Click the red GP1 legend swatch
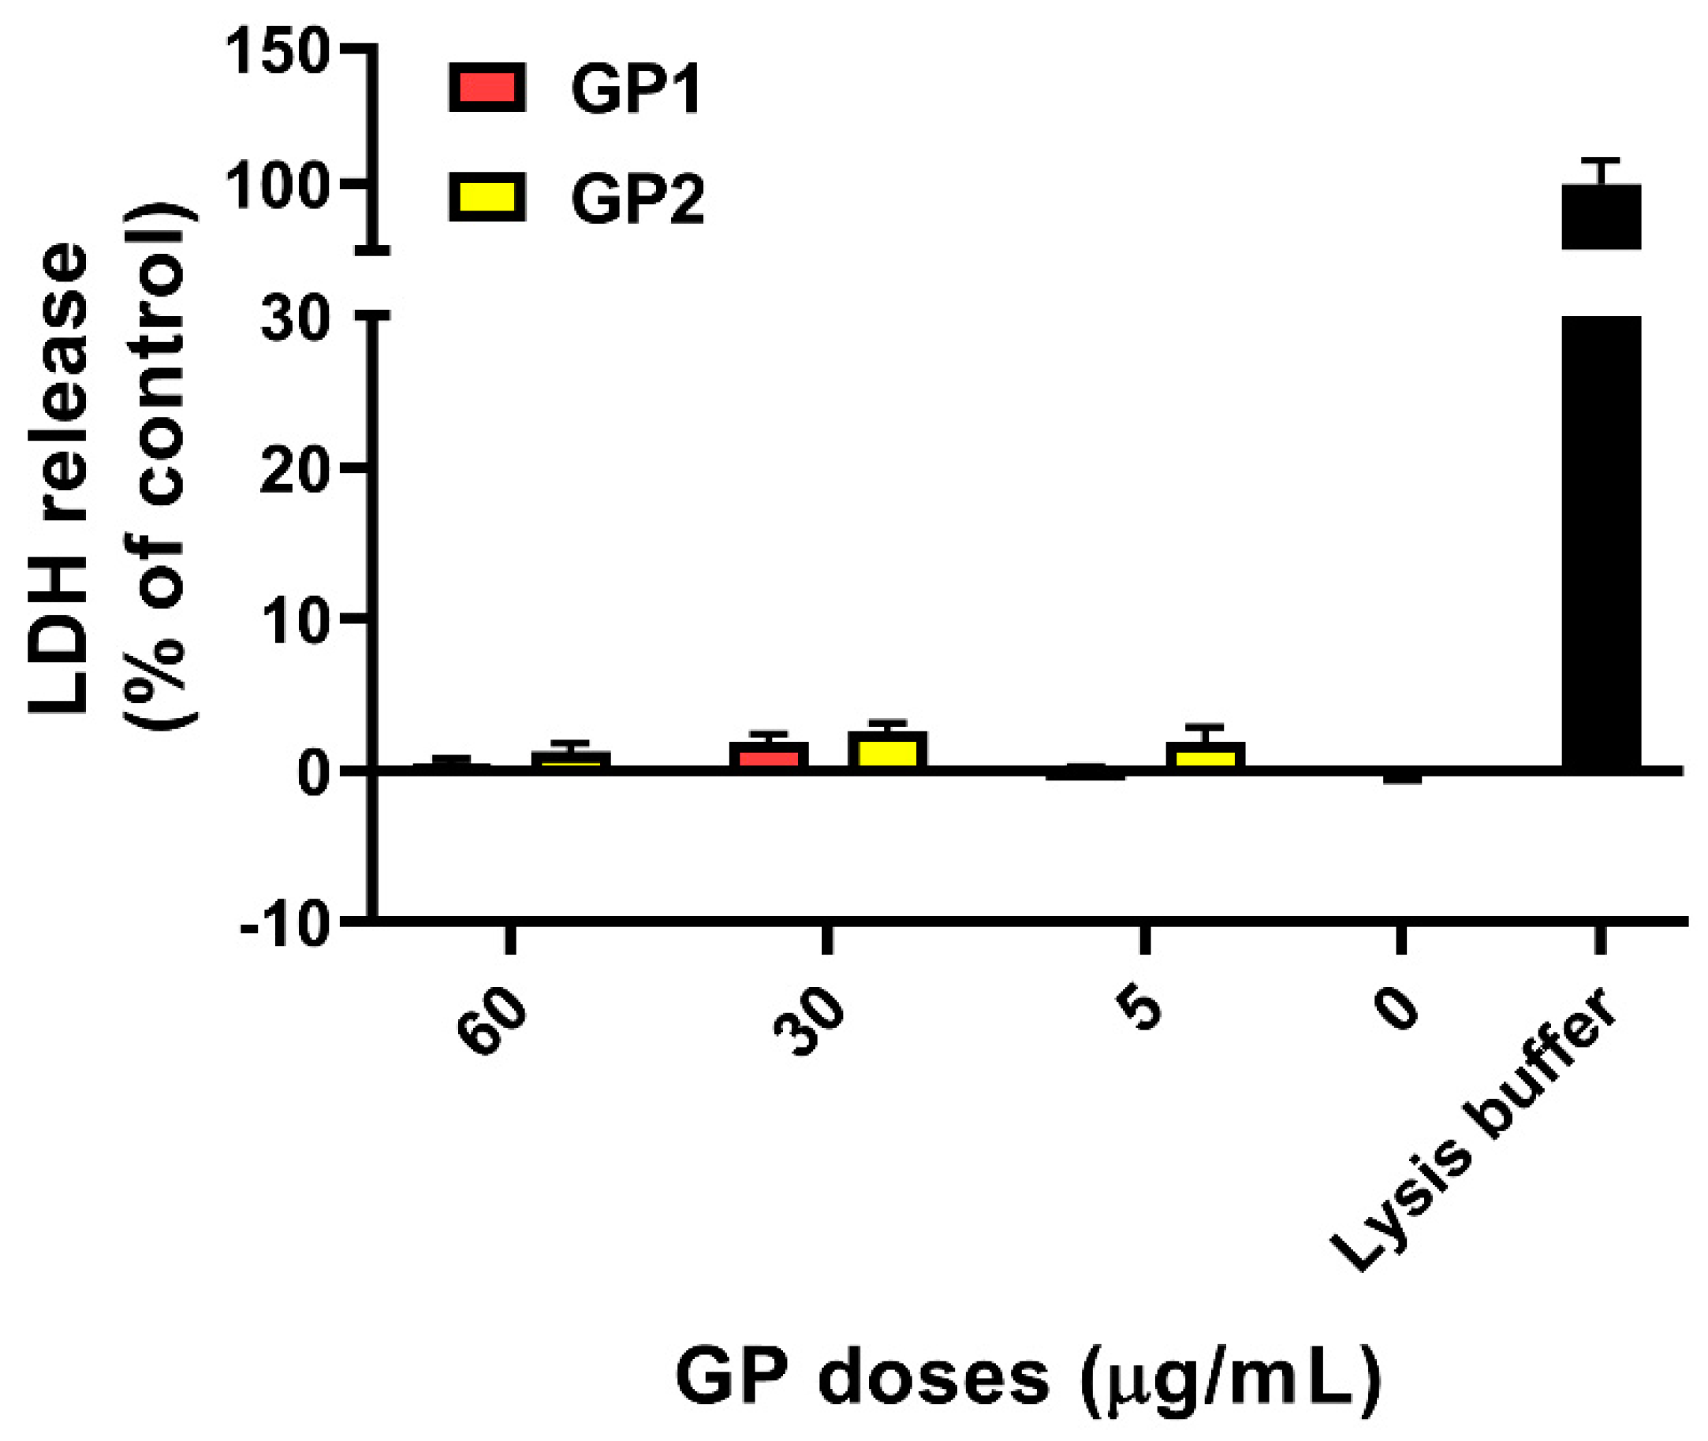[x=487, y=88]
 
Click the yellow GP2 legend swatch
[x=487, y=197]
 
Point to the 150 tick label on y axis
[x=277, y=53]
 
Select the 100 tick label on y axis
[x=277, y=187]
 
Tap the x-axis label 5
[x=1142, y=1011]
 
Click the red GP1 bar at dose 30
[x=769, y=756]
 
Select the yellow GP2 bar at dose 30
[x=887, y=750]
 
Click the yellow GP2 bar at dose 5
[x=1206, y=756]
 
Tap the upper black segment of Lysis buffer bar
[x=1601, y=217]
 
